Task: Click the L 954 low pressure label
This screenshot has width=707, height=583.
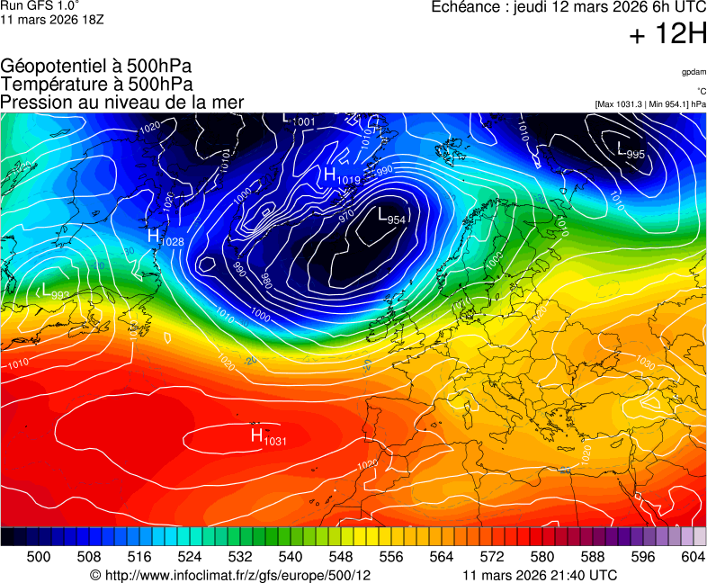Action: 391,217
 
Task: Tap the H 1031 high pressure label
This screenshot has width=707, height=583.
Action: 268,437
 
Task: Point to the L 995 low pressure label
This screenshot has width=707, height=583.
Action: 631,152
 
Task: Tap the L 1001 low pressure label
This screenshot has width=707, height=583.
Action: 299,119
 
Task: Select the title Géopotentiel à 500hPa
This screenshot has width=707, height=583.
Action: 96,67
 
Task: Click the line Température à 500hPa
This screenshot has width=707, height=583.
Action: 96,84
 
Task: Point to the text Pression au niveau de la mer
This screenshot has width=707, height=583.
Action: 122,102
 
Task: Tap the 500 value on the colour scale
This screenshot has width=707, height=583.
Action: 39,557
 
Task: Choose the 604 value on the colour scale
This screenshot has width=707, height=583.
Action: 693,557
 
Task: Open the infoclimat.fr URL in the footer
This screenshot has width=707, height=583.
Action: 230,575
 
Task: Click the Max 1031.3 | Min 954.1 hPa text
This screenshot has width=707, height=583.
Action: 650,104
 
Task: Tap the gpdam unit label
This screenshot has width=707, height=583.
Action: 694,71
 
